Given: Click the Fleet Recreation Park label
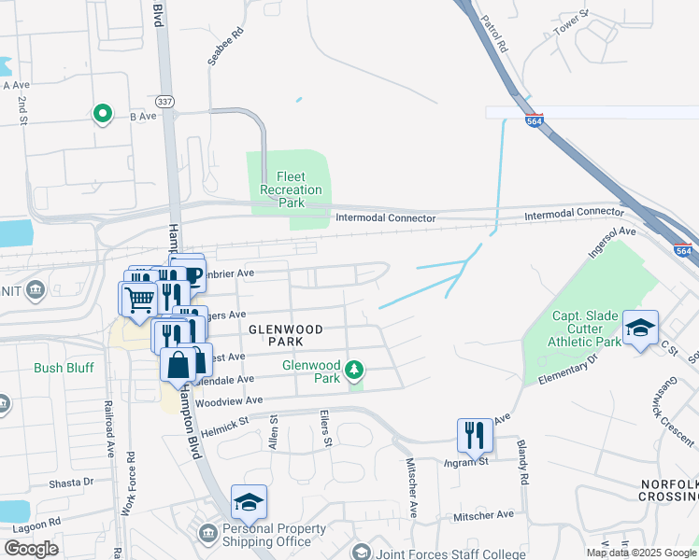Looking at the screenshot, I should pos(292,189).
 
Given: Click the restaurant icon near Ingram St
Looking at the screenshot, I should pos(474,434).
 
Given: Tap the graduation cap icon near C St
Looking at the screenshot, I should pos(641,328).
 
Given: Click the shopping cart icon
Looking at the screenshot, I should pos(139,299).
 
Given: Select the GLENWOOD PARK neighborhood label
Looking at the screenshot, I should pos(285,336).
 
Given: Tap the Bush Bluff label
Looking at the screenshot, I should pos(64,368).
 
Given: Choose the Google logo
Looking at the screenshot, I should pos(31,549).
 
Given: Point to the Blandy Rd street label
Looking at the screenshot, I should pos(521,464).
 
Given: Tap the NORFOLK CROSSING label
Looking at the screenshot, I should pos(669,491).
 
